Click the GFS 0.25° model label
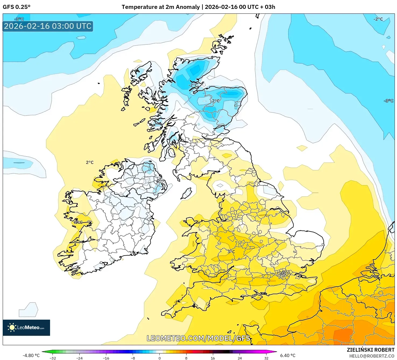click(16, 7)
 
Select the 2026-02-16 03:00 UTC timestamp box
click(48, 26)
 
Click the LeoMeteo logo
click(26, 327)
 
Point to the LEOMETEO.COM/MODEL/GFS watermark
click(198, 338)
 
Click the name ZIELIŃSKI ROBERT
click(370, 350)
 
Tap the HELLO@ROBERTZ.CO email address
click(371, 356)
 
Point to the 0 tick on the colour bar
click(160, 358)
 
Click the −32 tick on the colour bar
click(53, 358)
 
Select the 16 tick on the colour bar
click(213, 358)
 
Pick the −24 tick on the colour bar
click(79, 358)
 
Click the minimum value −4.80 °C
click(31, 355)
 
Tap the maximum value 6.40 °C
click(288, 355)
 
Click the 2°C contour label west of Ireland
click(90, 163)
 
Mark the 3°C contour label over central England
click(231, 252)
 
